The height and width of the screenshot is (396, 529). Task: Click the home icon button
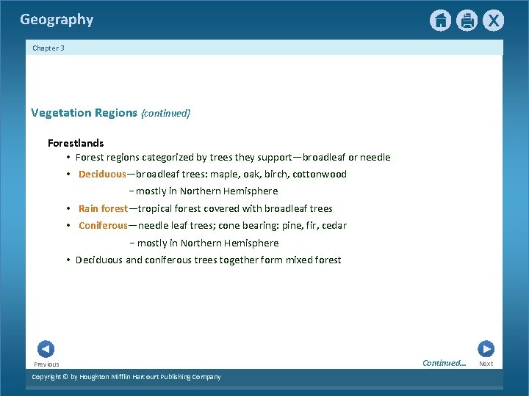[440, 21]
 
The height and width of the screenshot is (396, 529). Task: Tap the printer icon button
[467, 21]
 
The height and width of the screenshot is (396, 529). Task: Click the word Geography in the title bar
[57, 20]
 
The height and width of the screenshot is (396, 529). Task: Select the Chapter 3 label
[48, 48]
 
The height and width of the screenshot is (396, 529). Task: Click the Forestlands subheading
[76, 143]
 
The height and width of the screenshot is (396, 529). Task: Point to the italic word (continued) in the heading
[165, 113]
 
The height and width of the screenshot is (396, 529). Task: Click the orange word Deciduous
[102, 175]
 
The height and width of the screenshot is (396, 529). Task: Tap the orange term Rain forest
[103, 209]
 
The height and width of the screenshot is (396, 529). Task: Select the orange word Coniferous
[103, 226]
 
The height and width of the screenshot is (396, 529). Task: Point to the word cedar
[333, 226]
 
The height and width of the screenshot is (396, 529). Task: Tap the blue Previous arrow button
[46, 349]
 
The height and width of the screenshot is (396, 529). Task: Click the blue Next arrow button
[486, 349]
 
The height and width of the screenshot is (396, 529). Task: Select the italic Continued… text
[444, 363]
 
